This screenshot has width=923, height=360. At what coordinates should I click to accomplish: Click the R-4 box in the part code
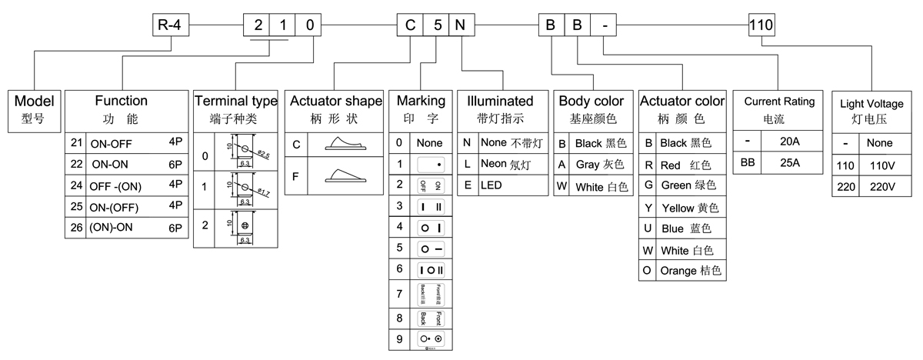(170, 26)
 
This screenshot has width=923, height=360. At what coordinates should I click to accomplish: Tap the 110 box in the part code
(761, 26)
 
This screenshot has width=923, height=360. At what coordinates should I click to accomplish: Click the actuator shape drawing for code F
(343, 176)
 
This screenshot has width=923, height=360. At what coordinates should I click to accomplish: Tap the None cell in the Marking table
(430, 143)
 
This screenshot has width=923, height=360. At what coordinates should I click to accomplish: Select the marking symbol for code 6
(430, 269)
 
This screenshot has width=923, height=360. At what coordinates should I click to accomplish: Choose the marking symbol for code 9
(430, 338)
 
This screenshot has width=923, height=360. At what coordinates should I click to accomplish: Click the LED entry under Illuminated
(491, 185)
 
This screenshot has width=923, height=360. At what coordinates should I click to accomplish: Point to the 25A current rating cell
(789, 163)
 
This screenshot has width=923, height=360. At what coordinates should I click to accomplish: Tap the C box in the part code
(408, 26)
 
